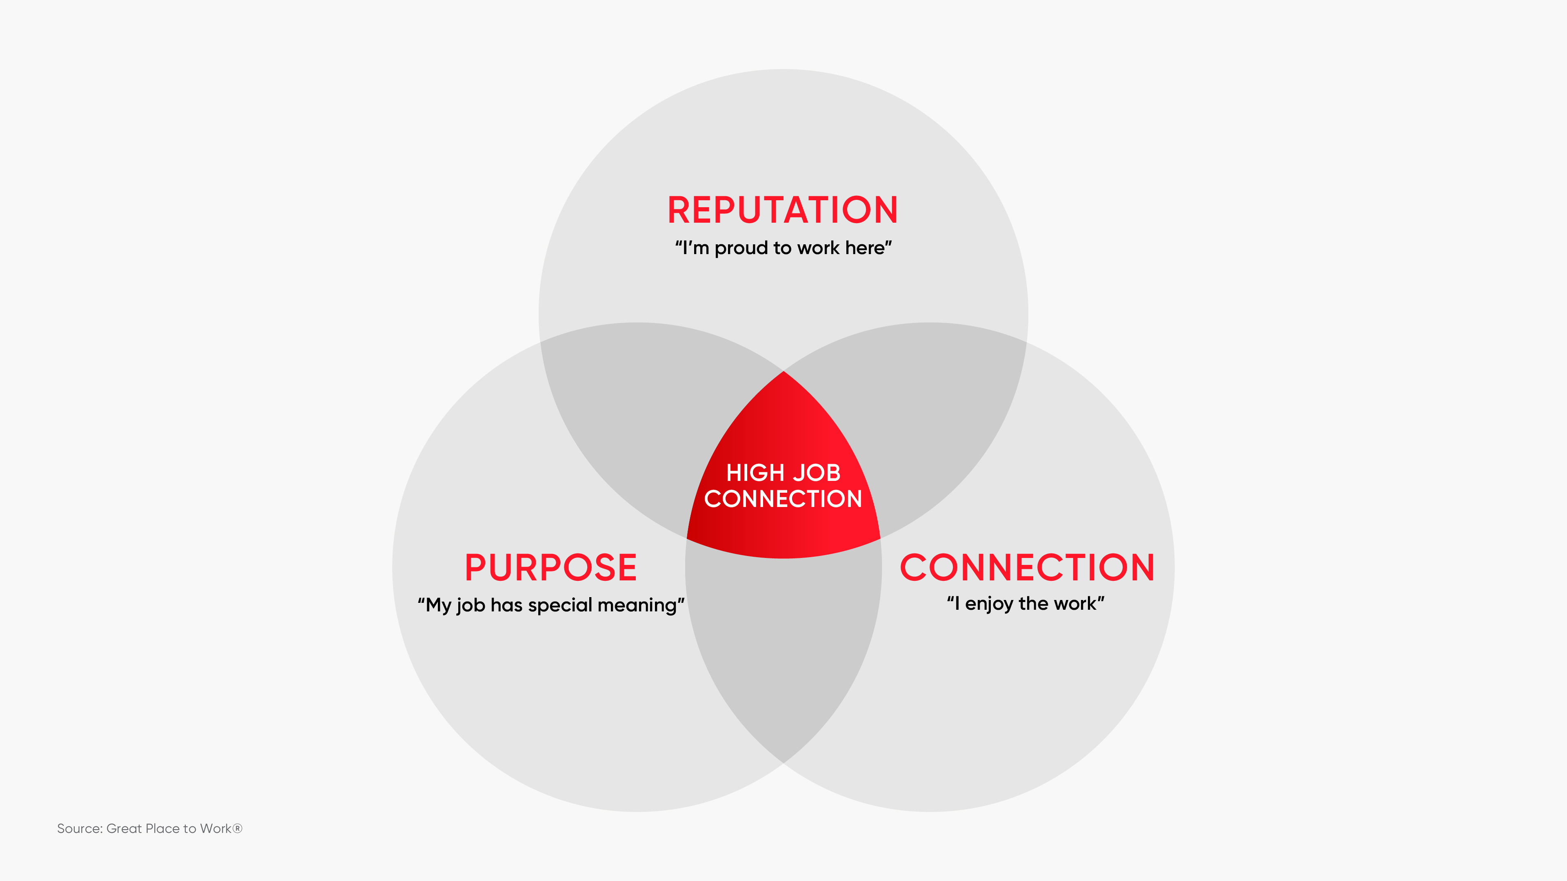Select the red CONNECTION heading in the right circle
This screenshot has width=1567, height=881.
click(1027, 568)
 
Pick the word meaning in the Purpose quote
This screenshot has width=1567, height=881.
click(637, 606)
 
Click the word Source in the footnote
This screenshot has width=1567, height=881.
click(79, 829)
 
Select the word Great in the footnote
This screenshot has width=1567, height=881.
click(124, 829)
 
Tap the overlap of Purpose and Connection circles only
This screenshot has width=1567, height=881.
click(783, 651)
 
